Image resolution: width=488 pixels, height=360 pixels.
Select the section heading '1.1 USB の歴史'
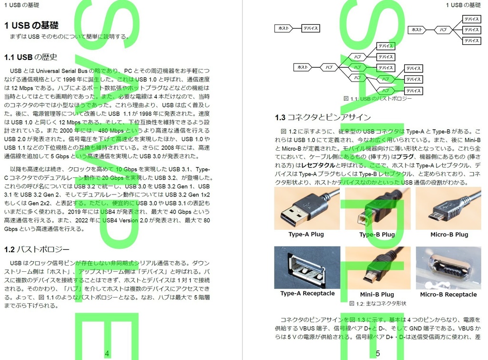tap(31, 58)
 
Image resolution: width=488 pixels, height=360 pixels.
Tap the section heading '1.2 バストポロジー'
tap(37, 249)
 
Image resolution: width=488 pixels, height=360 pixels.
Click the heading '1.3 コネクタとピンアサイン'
tap(323, 118)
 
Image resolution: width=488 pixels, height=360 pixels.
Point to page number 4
tap(107, 353)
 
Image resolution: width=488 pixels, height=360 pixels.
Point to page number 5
tap(378, 353)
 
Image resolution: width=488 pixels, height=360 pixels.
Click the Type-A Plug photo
tap(307, 209)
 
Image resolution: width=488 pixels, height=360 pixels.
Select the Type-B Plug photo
tap(377, 209)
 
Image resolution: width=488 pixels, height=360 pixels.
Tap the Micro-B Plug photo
tap(448, 209)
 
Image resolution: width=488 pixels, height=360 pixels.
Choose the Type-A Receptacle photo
tap(307, 267)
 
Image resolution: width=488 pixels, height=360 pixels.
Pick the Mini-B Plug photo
tap(377, 267)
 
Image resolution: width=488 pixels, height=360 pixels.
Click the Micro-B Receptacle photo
tap(448, 267)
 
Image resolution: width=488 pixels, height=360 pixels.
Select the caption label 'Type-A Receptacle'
tap(307, 294)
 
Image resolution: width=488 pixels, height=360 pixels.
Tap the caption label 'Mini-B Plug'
tap(377, 295)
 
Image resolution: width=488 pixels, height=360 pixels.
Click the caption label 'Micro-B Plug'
tap(449, 235)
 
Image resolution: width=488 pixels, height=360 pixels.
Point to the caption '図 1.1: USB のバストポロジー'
tap(377, 99)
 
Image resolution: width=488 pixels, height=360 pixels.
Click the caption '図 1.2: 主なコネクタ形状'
tap(377, 303)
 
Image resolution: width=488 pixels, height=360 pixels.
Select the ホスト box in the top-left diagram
tap(284, 28)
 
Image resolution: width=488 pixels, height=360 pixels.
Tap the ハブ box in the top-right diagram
tap(443, 30)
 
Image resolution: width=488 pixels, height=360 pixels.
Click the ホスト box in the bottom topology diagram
tap(303, 67)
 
